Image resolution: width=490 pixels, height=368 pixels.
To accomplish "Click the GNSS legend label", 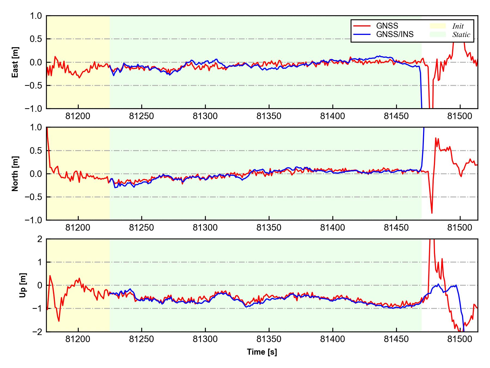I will [387, 26].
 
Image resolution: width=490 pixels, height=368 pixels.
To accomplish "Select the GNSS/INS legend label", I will [395, 34].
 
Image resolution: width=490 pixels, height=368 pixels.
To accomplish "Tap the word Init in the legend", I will [458, 26].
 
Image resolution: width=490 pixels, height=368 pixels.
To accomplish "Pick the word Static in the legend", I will [461, 35].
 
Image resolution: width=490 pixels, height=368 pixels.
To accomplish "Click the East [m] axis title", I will [16, 62].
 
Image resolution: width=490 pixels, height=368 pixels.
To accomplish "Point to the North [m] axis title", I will [16, 174].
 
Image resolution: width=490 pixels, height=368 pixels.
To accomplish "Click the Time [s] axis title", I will [262, 352].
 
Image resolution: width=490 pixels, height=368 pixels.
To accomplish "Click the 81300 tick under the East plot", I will [205, 116].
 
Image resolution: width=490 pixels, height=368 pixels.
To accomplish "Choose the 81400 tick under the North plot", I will [332, 228].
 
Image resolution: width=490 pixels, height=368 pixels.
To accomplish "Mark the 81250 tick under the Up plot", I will [142, 339].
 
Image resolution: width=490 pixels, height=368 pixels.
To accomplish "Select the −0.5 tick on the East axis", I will [34, 85].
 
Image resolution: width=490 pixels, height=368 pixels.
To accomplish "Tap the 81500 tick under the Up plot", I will [460, 339].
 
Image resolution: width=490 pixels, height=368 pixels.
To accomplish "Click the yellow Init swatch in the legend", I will [438, 26].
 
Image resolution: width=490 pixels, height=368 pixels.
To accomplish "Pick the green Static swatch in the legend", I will [438, 34].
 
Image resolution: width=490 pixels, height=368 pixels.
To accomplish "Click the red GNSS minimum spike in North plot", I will [432, 213].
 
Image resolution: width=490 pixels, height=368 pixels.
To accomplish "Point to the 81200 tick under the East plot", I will [78, 116].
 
